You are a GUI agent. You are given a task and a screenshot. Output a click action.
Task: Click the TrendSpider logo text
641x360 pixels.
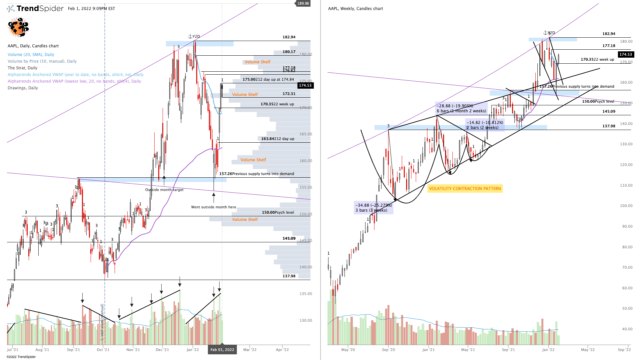tap(40, 8)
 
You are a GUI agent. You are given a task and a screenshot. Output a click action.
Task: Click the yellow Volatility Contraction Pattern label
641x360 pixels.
tap(465, 189)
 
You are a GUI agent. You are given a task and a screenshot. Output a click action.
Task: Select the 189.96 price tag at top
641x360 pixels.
tap(303, 3)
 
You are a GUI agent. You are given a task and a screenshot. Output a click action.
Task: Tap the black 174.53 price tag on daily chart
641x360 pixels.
tap(305, 86)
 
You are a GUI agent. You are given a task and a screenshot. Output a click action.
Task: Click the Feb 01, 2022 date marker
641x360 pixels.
tap(222, 350)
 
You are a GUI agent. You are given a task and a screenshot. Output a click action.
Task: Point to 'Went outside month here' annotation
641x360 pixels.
tap(214, 207)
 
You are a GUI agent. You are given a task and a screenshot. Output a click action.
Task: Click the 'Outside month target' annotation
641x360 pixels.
tap(164, 190)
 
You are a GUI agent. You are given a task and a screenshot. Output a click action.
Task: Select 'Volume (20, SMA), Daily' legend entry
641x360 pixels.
tap(31, 55)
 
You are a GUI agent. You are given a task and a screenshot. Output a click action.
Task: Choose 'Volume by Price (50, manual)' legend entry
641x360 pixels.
tap(42, 61)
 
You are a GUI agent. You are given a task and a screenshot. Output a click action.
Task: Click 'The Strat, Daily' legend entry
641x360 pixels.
tap(22, 68)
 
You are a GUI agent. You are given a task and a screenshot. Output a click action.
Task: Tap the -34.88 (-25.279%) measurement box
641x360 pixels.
tap(373, 208)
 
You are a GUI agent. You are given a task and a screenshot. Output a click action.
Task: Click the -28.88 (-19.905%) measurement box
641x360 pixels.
tap(461, 108)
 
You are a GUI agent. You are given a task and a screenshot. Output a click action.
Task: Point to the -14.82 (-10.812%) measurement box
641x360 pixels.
tap(485, 125)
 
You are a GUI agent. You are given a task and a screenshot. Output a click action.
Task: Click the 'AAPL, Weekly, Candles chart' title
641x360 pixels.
tap(355, 9)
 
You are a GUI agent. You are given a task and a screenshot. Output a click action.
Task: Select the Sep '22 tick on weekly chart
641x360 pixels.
tap(624, 350)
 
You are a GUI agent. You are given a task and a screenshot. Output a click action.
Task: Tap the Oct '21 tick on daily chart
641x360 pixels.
tap(103, 350)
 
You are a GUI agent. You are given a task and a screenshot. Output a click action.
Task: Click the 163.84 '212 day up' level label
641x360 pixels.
tap(278, 139)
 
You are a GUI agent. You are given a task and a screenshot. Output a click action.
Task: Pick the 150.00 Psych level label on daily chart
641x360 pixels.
tap(278, 212)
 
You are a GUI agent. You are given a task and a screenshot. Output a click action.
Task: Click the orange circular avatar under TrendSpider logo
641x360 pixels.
tap(18, 27)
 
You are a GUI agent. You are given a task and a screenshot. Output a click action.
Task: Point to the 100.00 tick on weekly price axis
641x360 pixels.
tap(626, 206)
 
